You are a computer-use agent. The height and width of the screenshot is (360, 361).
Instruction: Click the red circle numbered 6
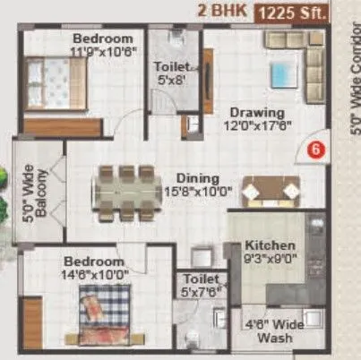[314, 150]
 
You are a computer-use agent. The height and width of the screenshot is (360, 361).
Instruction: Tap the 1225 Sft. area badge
[292, 13]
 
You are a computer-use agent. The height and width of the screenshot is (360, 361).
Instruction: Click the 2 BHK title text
[222, 13]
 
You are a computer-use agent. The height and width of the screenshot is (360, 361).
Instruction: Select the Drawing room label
[256, 113]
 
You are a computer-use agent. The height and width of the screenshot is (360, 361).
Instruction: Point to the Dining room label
[197, 176]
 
